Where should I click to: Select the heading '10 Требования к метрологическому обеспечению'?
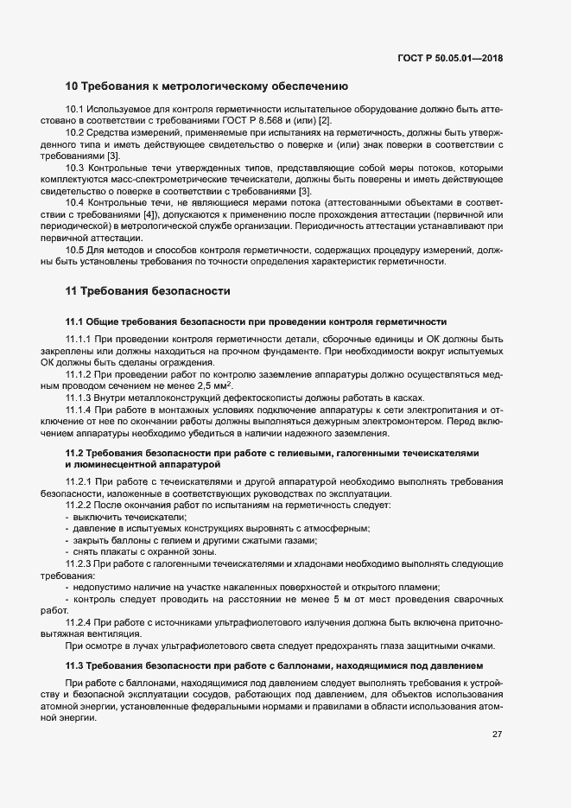tap(206, 86)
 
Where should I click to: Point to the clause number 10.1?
tap(75, 110)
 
